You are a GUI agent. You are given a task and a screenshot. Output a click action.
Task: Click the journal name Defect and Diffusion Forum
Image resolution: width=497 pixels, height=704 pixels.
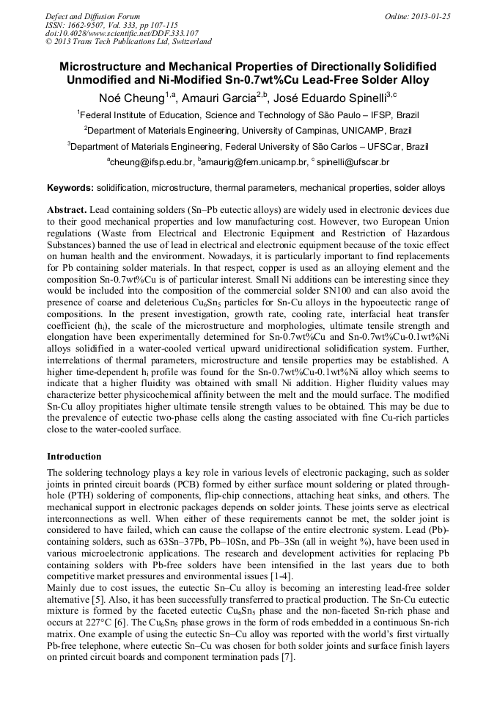(92, 15)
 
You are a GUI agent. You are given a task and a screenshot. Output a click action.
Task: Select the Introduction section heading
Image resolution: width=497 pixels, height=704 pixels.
(74, 456)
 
